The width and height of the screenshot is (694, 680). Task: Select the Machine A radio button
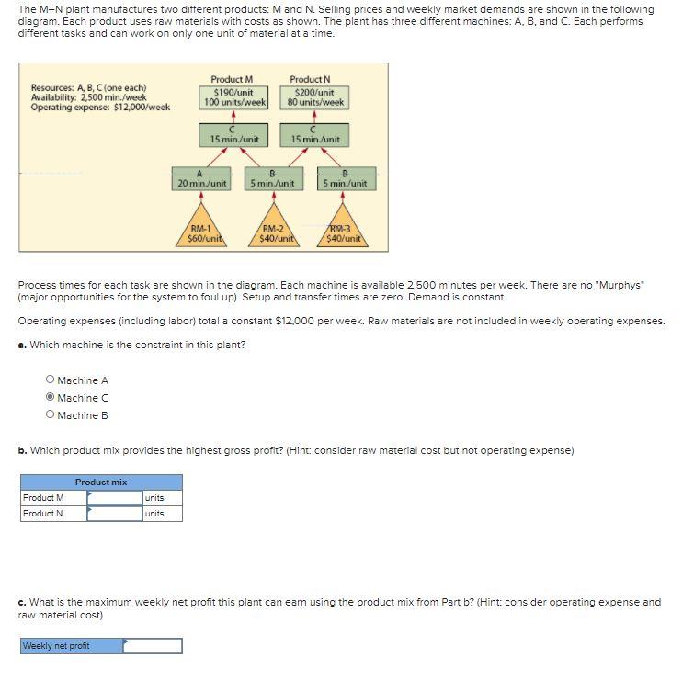point(50,380)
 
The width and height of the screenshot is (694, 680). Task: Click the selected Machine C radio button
point(50,398)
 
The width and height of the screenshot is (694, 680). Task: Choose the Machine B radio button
point(50,415)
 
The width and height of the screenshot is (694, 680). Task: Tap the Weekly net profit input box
point(153,646)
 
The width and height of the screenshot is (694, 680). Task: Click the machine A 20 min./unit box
point(201,178)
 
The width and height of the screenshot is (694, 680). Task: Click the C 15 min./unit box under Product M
point(233,135)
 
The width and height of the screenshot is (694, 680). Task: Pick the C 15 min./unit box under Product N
point(316,135)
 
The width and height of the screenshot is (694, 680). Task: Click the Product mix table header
point(101,482)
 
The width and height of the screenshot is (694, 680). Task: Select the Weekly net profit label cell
point(71,646)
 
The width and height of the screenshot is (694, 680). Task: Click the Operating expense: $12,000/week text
point(100,108)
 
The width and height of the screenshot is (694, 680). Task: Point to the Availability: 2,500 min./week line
point(88,97)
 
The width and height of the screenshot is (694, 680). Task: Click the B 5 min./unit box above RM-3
point(344,178)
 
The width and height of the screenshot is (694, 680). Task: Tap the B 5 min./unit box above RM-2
point(273,178)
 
